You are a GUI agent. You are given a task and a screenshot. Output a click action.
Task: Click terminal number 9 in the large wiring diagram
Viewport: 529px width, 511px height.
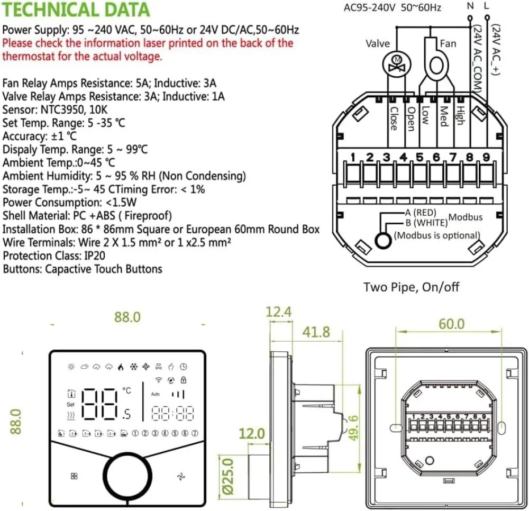point(486,157)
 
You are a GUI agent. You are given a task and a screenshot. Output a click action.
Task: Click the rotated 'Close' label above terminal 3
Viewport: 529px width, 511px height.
point(393,118)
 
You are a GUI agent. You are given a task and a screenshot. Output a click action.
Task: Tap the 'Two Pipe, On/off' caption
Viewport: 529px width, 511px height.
point(411,287)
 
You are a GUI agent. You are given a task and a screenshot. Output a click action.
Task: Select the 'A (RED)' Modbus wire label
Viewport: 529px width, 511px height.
point(420,212)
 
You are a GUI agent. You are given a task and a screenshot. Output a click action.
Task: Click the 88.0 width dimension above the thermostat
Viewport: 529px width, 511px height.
point(127,317)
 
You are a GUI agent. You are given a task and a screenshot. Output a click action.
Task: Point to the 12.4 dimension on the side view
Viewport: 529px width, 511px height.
point(279,312)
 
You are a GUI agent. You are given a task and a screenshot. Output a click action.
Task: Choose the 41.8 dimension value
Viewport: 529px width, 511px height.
point(316,332)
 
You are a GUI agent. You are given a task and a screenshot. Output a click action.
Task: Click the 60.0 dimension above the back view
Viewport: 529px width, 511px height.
point(451,323)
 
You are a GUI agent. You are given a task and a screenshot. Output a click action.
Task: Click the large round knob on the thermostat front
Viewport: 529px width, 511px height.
point(126,475)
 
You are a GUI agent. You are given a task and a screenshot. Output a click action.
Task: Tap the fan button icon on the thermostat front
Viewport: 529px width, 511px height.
point(180,476)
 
